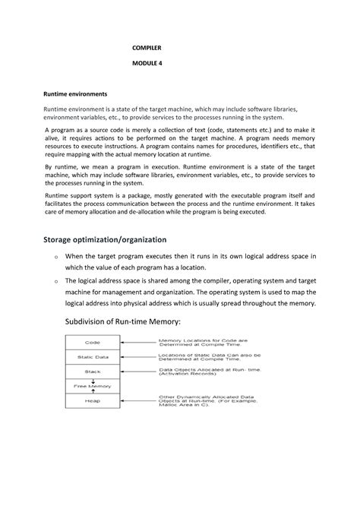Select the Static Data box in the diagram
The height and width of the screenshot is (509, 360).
point(93,357)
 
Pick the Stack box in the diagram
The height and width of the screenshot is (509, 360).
point(93,372)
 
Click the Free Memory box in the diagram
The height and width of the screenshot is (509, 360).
point(93,386)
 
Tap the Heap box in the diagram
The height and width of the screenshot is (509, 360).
point(93,400)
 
